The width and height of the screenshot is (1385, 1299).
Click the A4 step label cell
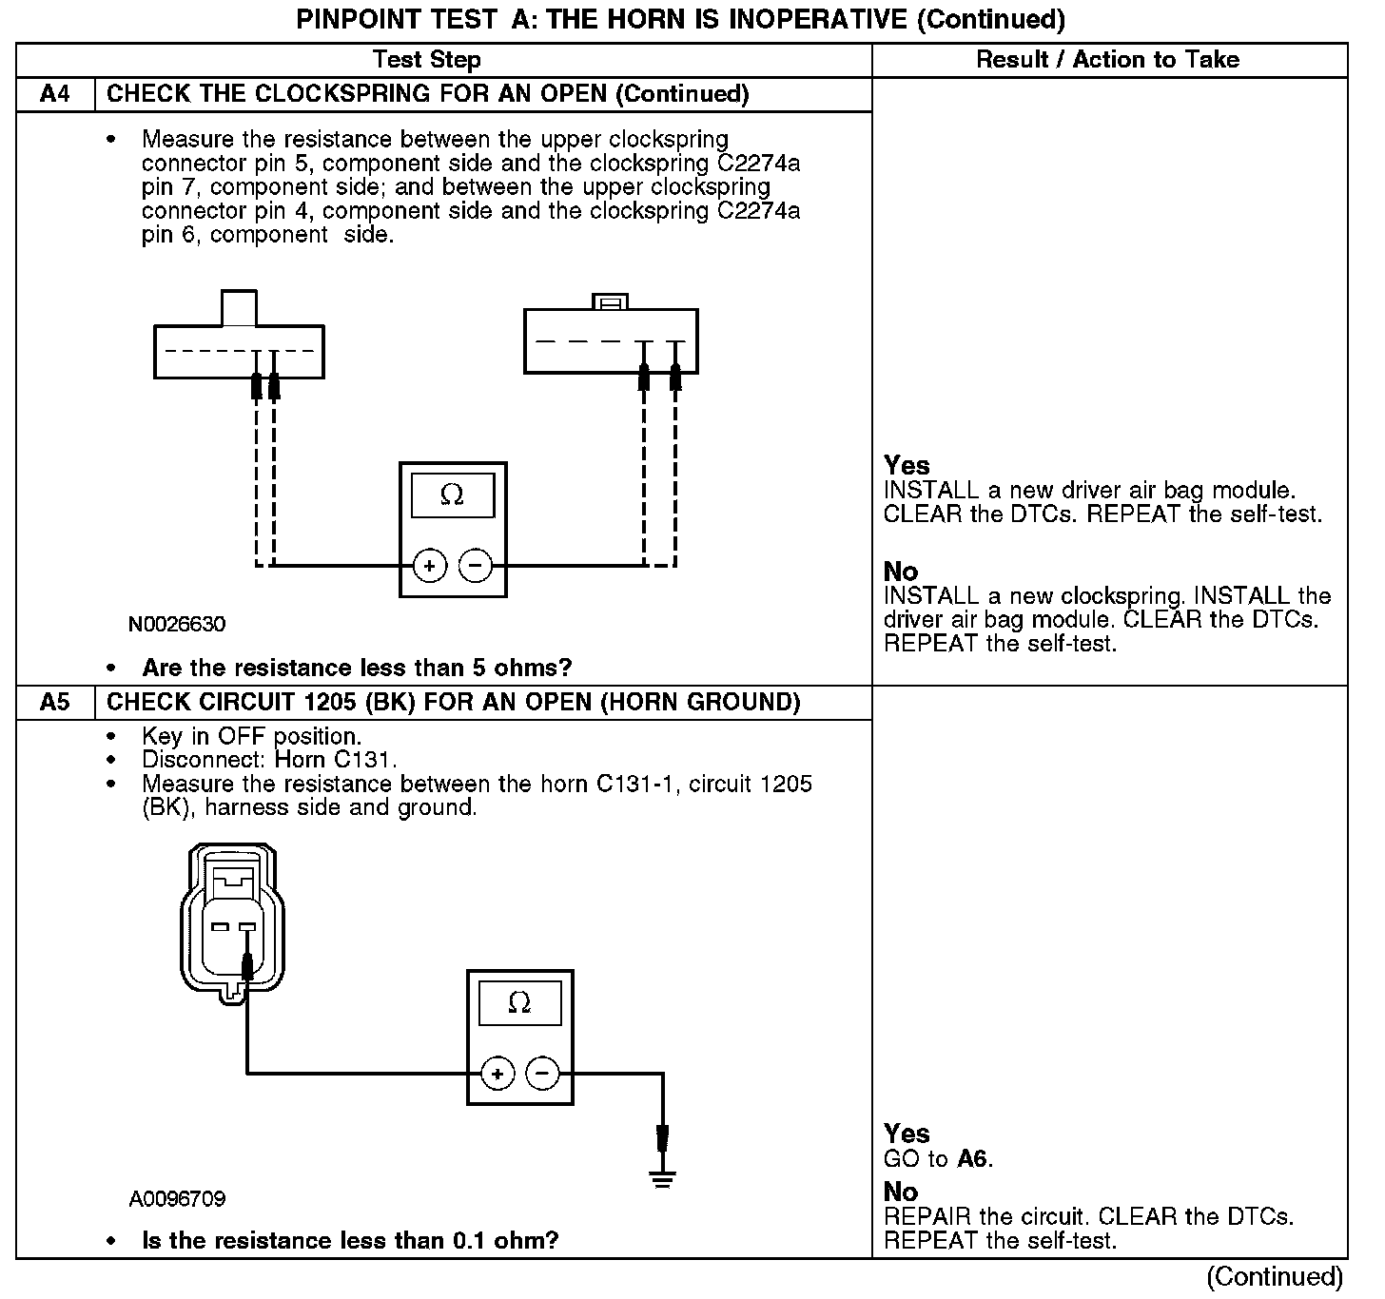[x=55, y=94]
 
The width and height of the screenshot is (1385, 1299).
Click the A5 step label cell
[x=55, y=703]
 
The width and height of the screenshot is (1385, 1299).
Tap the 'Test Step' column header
[x=427, y=60]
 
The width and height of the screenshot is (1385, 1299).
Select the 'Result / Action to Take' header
[x=1108, y=60]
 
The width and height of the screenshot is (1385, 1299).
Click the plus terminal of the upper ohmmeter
[x=430, y=567]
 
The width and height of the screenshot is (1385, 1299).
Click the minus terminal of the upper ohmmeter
[x=476, y=567]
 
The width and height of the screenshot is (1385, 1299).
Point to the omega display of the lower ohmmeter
[x=519, y=1003]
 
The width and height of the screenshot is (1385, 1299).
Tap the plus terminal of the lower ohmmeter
[x=497, y=1075]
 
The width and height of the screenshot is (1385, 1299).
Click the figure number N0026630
[x=177, y=625]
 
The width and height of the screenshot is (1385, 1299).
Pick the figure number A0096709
[x=177, y=1199]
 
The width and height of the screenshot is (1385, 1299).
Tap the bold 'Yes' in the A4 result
[x=907, y=466]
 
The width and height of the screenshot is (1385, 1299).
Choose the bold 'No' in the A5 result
[x=900, y=1192]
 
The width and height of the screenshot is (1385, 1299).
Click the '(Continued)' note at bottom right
[x=1275, y=1277]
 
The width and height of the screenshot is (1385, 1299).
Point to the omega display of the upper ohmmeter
[x=452, y=495]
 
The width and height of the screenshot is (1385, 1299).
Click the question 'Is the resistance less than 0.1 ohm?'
[x=350, y=1241]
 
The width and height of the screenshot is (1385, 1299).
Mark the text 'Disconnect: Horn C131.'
[x=269, y=760]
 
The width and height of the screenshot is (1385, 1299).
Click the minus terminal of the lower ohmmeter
[x=543, y=1075]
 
